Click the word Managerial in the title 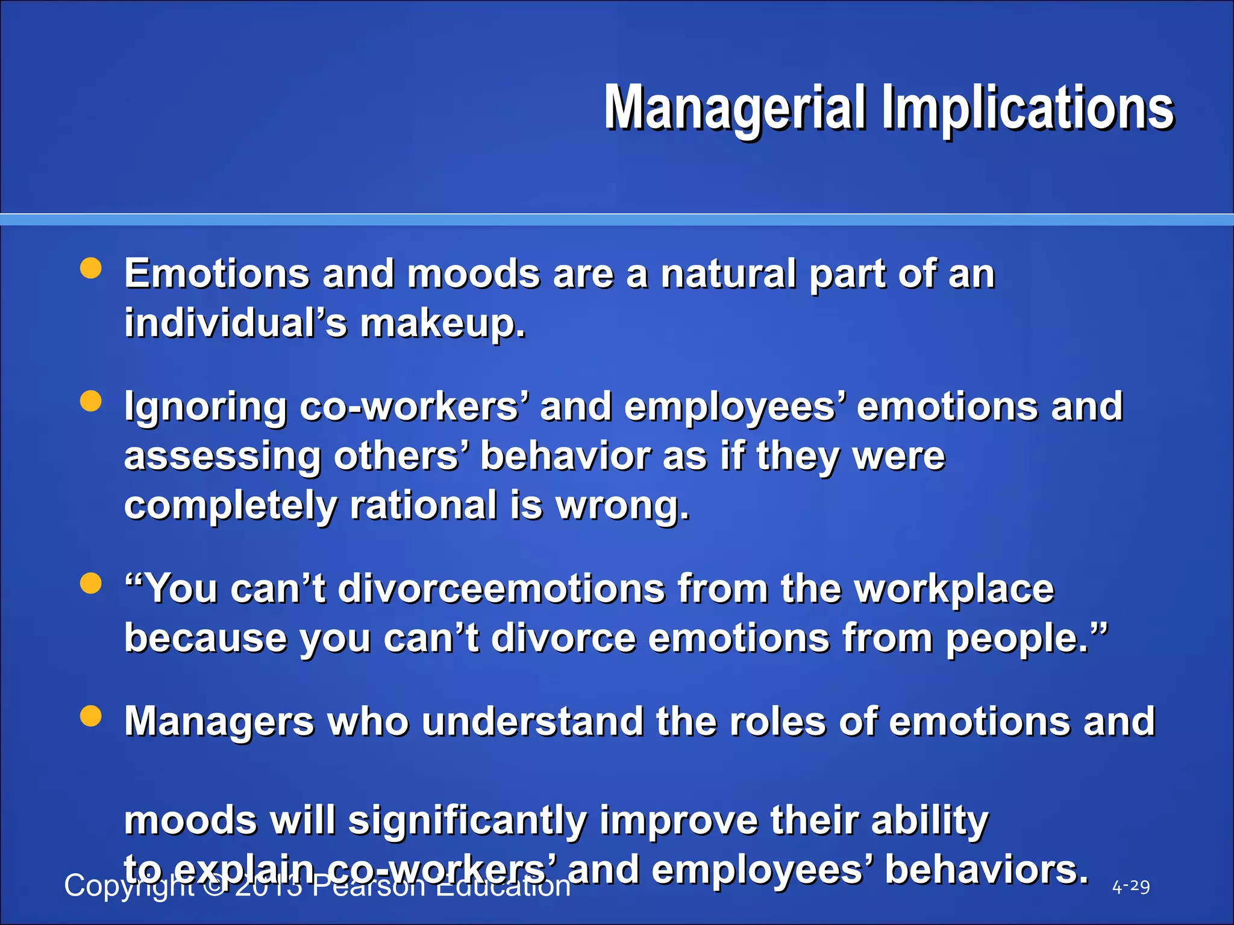(735, 108)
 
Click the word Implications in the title (1028, 108)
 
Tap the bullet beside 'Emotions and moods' (91, 269)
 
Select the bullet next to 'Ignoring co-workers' (91, 401)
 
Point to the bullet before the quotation (91, 584)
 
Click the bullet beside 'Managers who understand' (91, 717)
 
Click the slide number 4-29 (1130, 886)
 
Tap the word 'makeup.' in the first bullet (443, 323)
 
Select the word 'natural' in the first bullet (728, 274)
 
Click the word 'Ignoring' (205, 408)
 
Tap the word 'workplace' (954, 589)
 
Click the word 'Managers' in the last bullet (219, 721)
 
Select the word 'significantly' (467, 821)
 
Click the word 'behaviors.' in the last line (986, 871)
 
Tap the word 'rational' (423, 506)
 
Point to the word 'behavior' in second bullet (565, 456)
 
